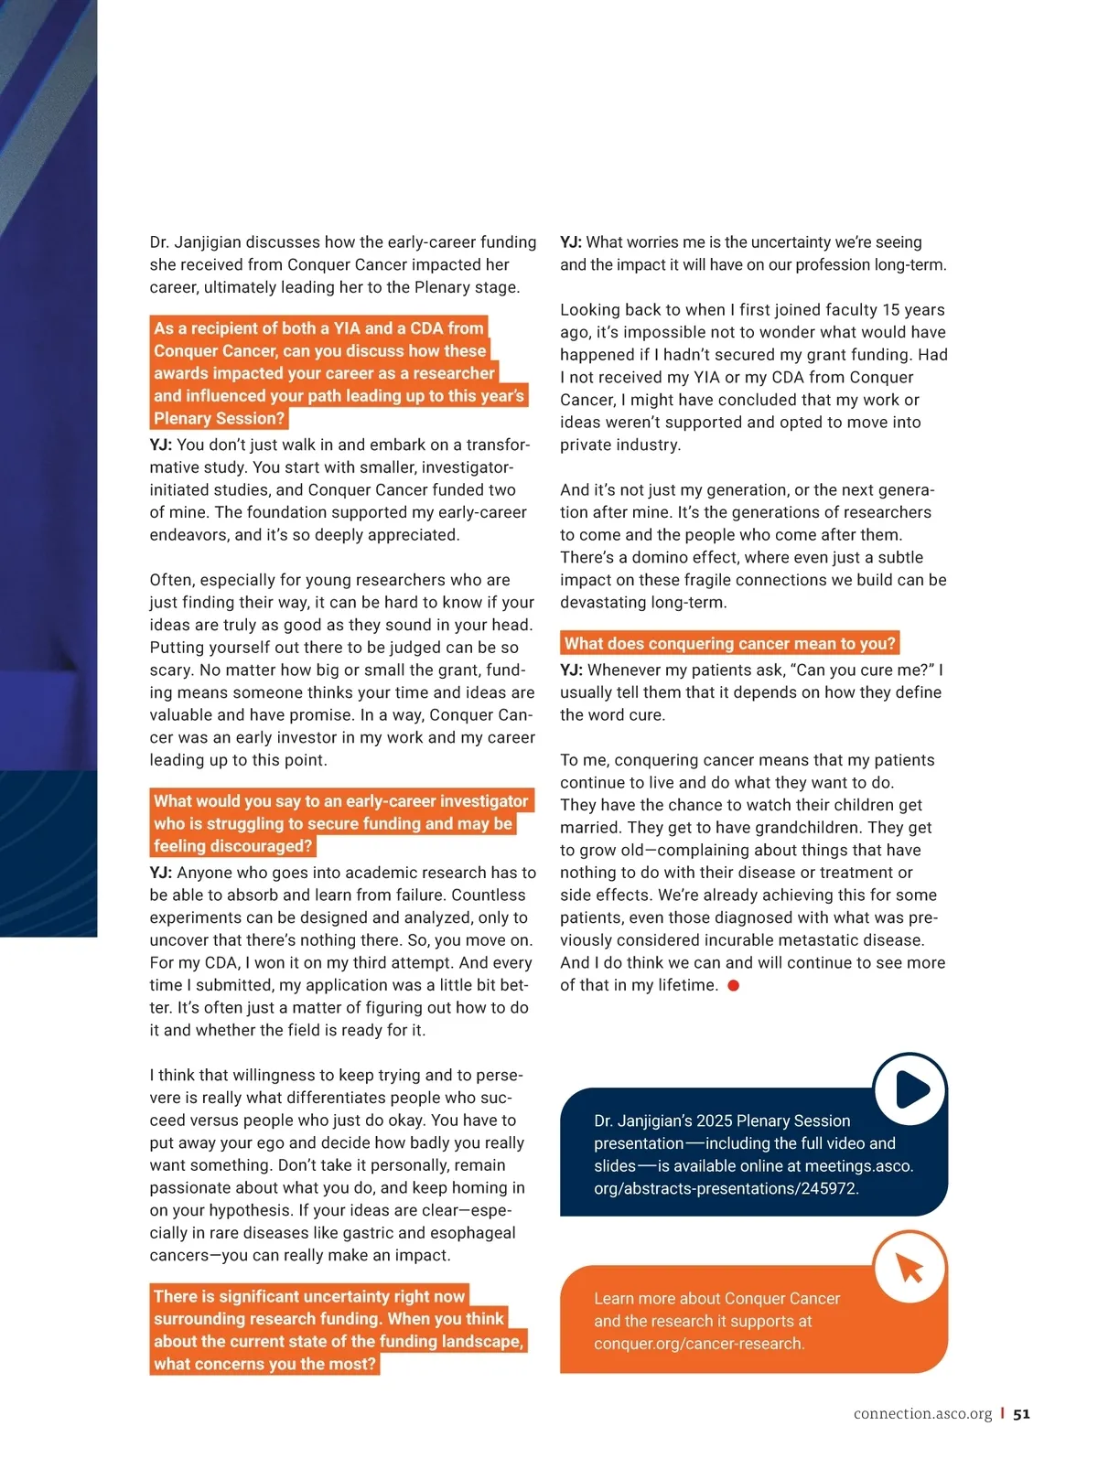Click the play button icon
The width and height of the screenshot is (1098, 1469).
coord(910,1089)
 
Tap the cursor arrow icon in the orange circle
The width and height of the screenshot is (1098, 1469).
coord(910,1268)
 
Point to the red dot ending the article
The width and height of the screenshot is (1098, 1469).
coord(733,985)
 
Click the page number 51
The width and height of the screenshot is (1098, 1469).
coord(1021,1413)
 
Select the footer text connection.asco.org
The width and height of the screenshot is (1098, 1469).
coord(922,1413)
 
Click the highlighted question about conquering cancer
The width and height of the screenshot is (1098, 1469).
coord(729,643)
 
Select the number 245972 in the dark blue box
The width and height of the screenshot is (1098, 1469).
coord(829,1188)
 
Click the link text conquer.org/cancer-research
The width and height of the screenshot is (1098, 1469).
coord(699,1343)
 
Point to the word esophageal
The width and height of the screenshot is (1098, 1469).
coord(472,1232)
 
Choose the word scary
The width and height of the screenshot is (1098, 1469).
coord(169,670)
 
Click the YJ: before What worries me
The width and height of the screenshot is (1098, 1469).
coord(571,242)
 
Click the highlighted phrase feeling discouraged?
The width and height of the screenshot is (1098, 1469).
coord(232,846)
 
